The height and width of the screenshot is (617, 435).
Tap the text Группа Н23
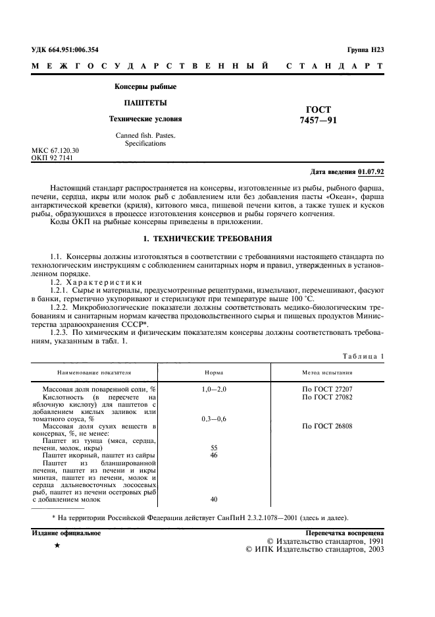(365, 50)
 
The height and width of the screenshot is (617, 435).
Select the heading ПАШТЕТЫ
(145, 103)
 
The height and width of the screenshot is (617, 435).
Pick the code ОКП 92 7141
(53, 158)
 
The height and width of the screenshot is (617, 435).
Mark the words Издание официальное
(66, 533)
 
